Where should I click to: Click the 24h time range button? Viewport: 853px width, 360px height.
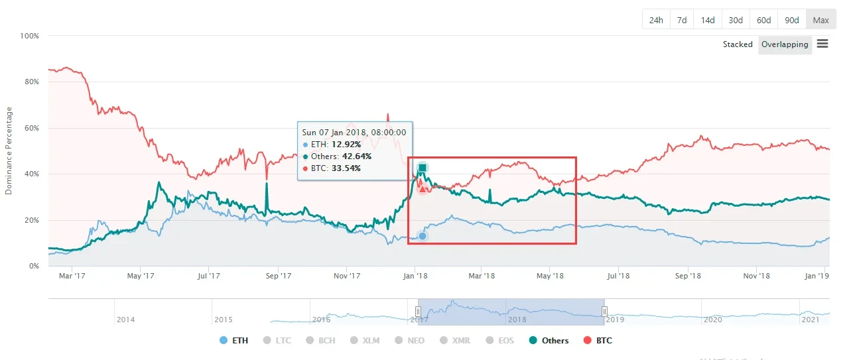[656, 20]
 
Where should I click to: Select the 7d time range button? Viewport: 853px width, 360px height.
[682, 20]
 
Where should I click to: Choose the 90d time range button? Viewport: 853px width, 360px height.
[792, 20]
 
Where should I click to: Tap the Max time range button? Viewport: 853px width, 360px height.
[820, 20]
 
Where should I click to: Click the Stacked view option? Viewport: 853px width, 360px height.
[738, 44]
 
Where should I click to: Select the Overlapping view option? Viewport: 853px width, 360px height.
[785, 44]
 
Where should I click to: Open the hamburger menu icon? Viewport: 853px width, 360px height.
[822, 44]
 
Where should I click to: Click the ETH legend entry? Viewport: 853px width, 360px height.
[234, 341]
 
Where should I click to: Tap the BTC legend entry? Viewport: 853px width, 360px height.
[598, 341]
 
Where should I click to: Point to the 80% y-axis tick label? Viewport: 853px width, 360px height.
[31, 82]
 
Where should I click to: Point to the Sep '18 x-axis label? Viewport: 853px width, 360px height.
[689, 275]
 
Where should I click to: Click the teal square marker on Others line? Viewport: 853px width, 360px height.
[423, 167]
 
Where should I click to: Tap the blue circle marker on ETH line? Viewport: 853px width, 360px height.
[423, 236]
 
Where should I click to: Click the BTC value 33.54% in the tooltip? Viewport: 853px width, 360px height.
[346, 168]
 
